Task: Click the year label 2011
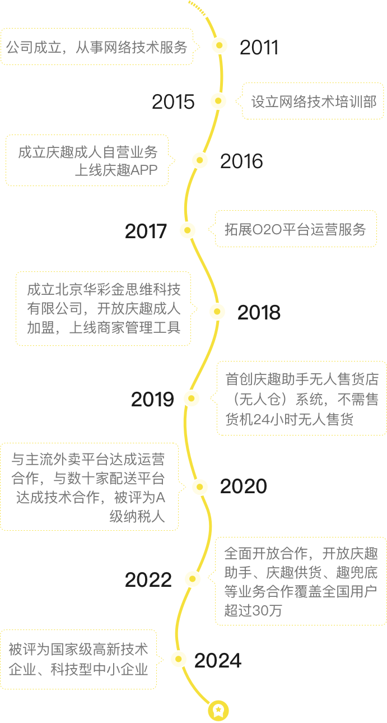(259, 48)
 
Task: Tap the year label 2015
(173, 101)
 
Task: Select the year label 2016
(241, 161)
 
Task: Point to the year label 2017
(146, 231)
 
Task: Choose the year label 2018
(259, 312)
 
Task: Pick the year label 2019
(152, 399)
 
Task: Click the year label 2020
(244, 486)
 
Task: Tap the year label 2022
(148, 580)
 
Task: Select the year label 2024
(218, 660)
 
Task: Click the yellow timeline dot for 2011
(220, 45)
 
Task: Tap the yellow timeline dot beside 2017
(188, 230)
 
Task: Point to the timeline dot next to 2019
(192, 398)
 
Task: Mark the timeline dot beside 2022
(193, 579)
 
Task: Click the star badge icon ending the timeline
(218, 711)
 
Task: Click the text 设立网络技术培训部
(314, 101)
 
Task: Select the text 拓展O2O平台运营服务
(295, 229)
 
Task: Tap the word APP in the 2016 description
(144, 170)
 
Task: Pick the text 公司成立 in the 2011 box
(34, 48)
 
